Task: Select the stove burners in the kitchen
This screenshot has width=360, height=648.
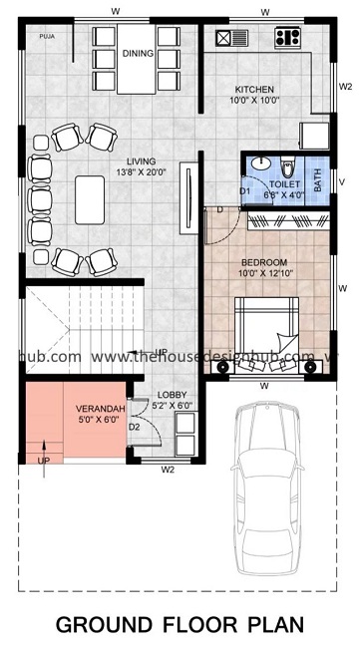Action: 287,39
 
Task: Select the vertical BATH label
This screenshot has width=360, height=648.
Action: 317,180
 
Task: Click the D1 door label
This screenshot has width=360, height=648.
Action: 244,191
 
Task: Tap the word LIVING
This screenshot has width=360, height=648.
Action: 140,162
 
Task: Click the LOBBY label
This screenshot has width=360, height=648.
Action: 169,395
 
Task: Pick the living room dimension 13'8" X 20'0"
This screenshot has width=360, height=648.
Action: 140,174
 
